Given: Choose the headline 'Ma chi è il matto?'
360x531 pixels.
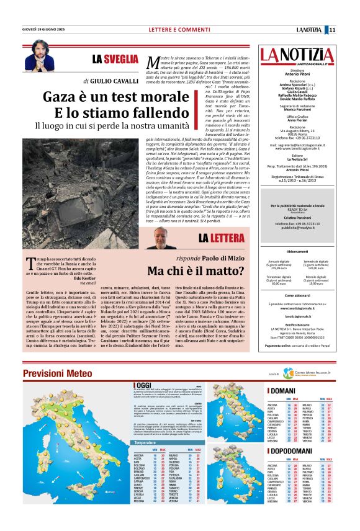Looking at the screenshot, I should point(200,270).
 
